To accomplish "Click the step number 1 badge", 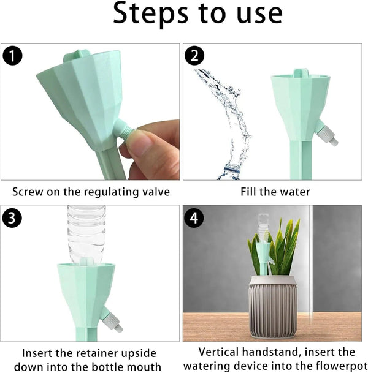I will [x=13, y=57].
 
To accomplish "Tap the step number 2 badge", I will [x=194, y=57].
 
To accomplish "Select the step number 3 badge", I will [x=13, y=217].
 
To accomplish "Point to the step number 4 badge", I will [x=194, y=217].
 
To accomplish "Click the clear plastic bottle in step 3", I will [x=86, y=233].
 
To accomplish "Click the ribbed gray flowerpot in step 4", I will [x=272, y=306].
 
